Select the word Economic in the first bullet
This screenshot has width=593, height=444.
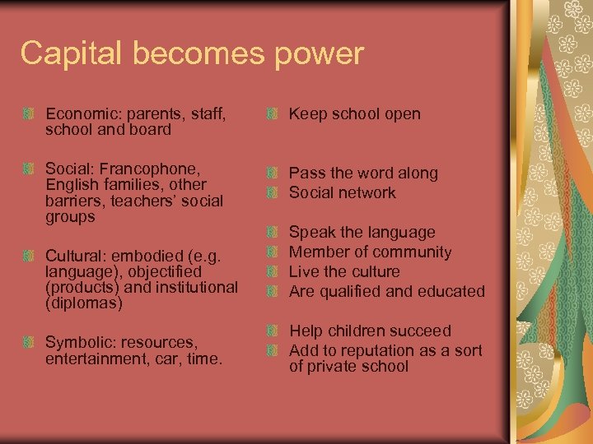(x=78, y=113)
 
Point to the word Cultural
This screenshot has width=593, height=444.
(x=75, y=255)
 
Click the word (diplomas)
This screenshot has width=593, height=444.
(x=84, y=303)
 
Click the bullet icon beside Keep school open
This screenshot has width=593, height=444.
(x=273, y=115)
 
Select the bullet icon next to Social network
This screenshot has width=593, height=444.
(x=273, y=194)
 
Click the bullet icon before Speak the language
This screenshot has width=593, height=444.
(x=273, y=234)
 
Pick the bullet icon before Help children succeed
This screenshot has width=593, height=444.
(x=273, y=332)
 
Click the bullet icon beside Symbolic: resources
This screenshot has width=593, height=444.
(x=30, y=342)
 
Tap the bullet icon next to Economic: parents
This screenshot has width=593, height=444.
(x=30, y=114)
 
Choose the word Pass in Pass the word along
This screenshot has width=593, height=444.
(x=305, y=173)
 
